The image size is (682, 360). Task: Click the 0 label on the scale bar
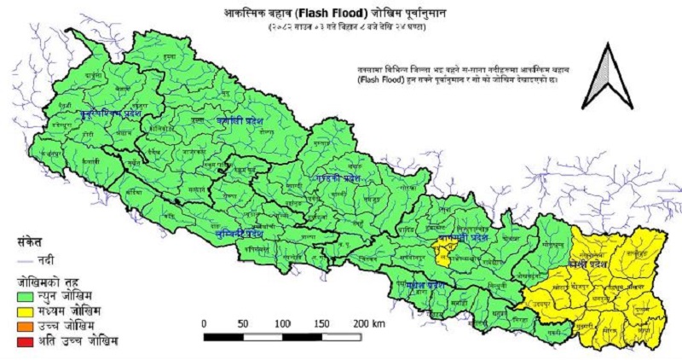pyautogui.click(x=205, y=323)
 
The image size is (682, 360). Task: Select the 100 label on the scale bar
pyautogui.click(x=281, y=323)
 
